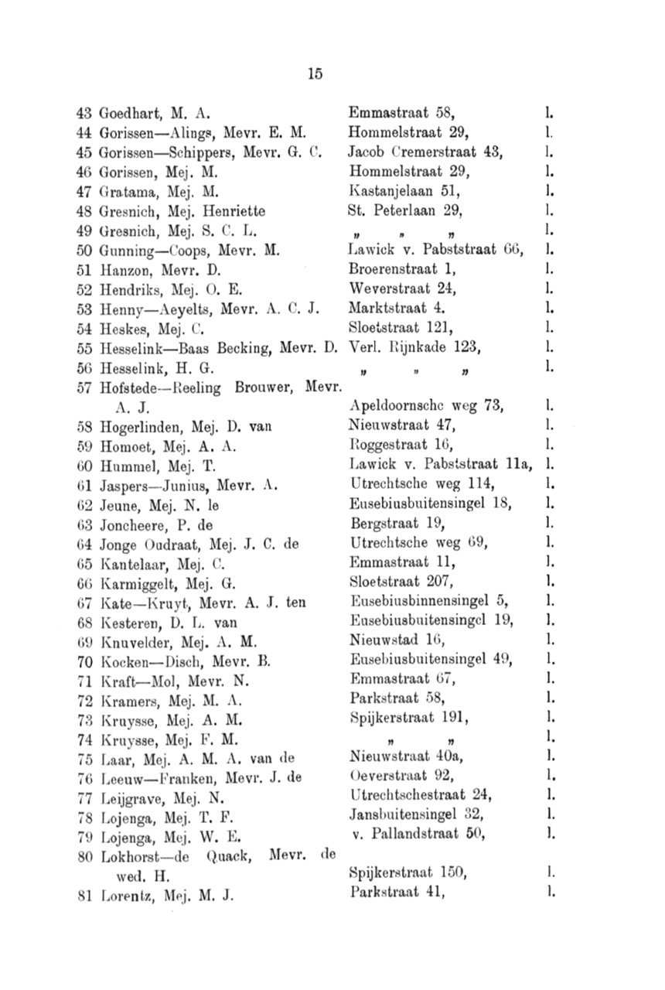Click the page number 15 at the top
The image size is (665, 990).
(314, 74)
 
